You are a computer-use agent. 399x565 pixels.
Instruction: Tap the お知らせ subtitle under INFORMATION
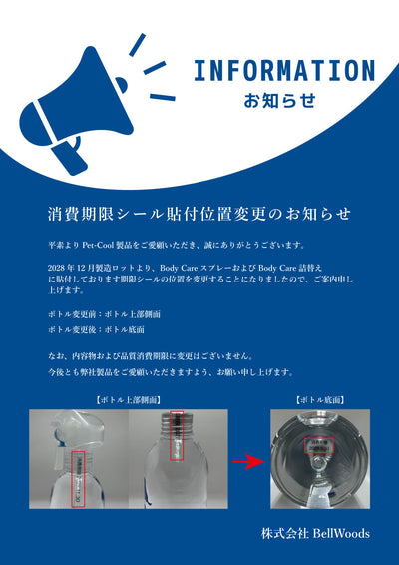(x=280, y=101)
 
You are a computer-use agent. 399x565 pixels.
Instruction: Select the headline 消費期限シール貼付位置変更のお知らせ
(x=199, y=215)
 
